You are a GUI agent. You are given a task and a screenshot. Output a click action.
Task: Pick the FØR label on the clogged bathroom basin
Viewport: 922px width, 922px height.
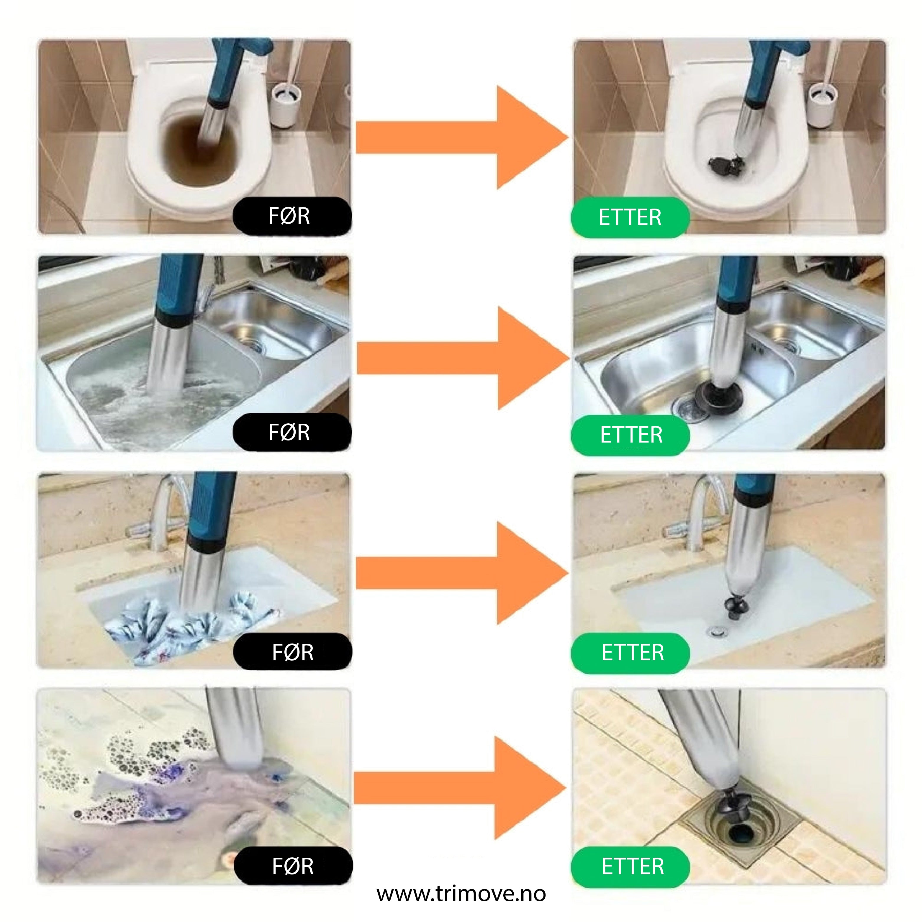pyautogui.click(x=293, y=652)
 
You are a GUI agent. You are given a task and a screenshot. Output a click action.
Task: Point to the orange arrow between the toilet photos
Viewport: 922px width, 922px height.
pyautogui.click(x=462, y=137)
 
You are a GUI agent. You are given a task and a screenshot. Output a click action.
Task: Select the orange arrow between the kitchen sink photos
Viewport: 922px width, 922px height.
pyautogui.click(x=463, y=358)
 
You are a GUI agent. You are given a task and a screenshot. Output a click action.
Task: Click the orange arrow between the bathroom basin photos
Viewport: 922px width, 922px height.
pyautogui.click(x=462, y=573)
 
